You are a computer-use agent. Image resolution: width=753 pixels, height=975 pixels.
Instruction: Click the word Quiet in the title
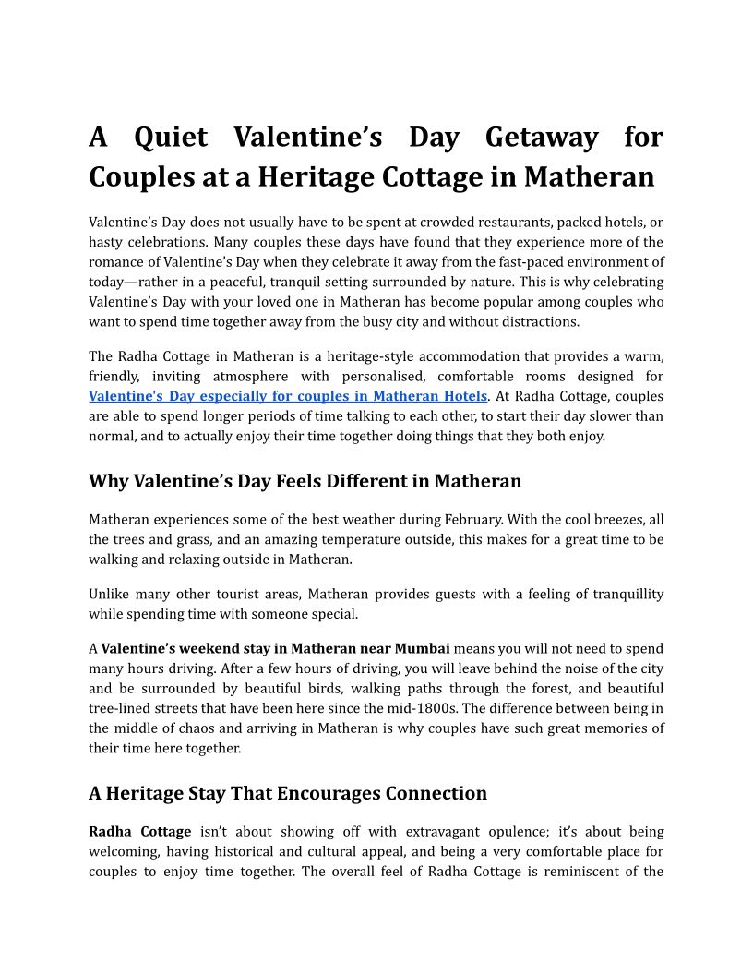pyautogui.click(x=171, y=138)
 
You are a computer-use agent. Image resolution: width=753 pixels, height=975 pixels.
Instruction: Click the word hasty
pyautogui.click(x=107, y=242)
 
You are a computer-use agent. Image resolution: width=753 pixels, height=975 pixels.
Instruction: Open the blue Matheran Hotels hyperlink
pyautogui.click(x=287, y=396)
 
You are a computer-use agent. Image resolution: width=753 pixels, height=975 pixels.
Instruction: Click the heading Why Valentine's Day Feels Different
pyautogui.click(x=305, y=481)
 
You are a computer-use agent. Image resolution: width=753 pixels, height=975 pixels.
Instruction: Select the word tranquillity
pyautogui.click(x=617, y=594)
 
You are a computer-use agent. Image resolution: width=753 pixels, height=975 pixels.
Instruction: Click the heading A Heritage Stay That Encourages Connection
pyautogui.click(x=288, y=793)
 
